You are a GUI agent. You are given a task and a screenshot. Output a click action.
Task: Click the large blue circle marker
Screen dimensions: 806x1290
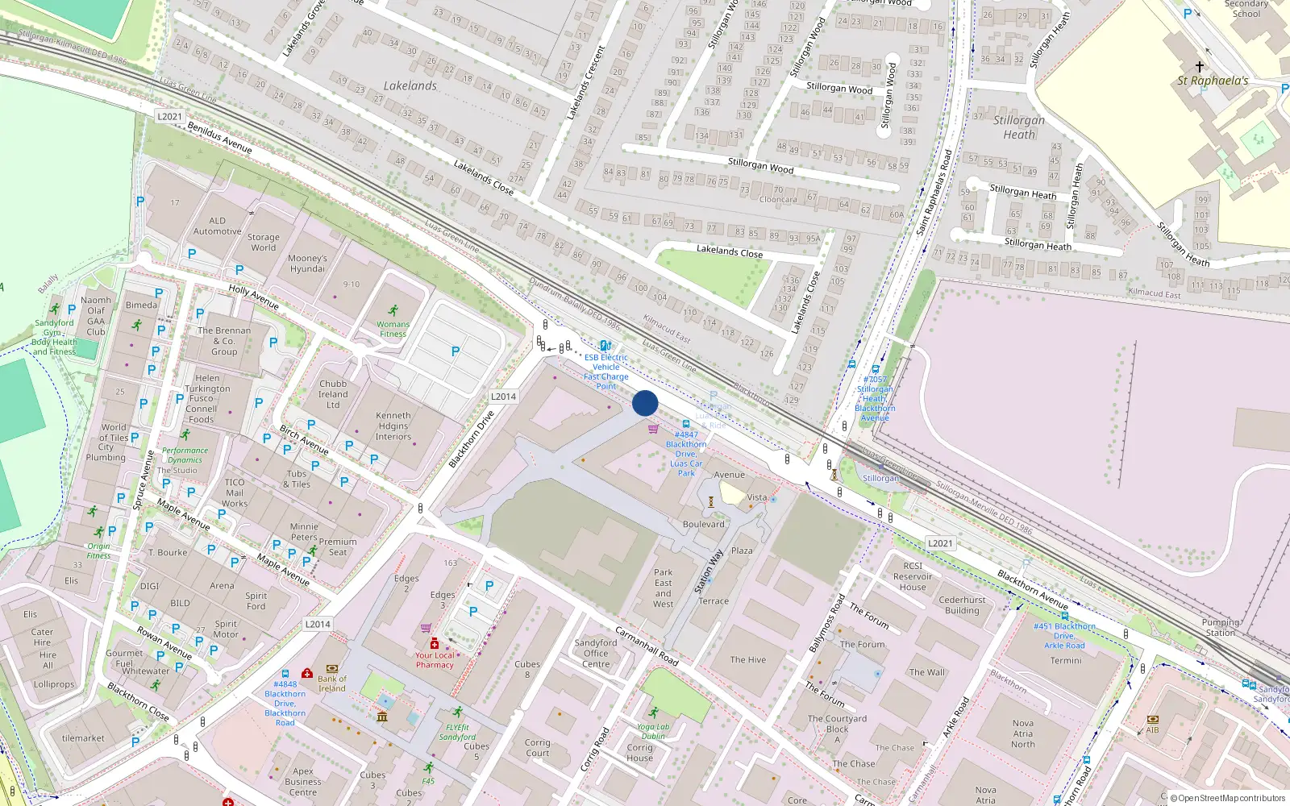645,403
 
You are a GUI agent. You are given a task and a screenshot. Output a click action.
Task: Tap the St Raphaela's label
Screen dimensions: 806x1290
1212,81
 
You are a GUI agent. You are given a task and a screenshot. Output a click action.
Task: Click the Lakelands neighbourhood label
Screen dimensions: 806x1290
410,85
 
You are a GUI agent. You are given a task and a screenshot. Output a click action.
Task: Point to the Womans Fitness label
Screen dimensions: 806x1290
393,329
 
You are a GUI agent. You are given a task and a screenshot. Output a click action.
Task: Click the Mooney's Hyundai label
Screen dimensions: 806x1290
307,264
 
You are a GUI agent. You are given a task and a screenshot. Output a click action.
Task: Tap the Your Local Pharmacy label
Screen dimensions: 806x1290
435,660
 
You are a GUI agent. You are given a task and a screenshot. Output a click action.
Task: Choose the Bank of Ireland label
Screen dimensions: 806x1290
331,683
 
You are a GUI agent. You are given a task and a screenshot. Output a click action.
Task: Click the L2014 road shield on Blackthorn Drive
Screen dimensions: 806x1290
503,397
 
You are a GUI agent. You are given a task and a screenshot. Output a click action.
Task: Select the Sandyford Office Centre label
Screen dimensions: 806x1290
596,654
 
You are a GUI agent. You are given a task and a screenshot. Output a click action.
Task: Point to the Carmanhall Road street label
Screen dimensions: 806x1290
647,646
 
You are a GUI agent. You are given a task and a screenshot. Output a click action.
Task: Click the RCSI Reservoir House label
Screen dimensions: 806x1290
913,576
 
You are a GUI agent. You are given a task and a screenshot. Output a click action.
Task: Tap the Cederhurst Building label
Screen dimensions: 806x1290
962,605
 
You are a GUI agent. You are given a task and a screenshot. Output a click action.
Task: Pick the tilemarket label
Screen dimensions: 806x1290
83,738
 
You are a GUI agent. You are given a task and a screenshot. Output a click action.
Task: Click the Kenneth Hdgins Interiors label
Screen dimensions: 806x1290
393,426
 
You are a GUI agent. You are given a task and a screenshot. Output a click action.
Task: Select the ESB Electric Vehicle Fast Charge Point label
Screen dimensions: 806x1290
606,372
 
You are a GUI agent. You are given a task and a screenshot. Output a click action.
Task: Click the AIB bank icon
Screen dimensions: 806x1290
1153,719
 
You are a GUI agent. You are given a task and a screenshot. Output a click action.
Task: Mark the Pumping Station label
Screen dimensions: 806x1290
1220,627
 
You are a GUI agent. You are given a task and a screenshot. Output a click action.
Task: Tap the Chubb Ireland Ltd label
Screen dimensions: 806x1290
333,394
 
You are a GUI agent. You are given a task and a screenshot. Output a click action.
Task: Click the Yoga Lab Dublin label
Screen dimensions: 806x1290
653,731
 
